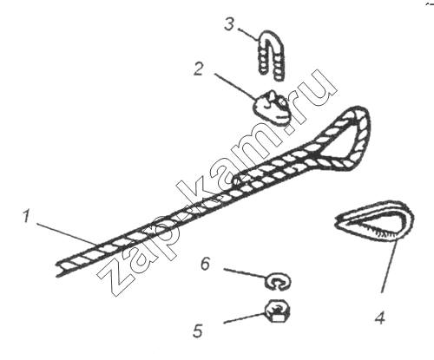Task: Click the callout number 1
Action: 27,216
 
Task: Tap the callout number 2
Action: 199,69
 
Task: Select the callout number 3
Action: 229,24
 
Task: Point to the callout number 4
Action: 380,317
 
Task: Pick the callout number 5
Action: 198,331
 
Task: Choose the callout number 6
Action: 205,265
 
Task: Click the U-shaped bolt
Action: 272,55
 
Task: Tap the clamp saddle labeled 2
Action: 272,107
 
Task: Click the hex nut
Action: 277,311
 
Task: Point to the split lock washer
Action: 279,281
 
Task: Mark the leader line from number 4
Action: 389,266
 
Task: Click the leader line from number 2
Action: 235,87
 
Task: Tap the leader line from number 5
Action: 245,317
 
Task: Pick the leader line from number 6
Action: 246,273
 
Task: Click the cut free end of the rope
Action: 60,268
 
